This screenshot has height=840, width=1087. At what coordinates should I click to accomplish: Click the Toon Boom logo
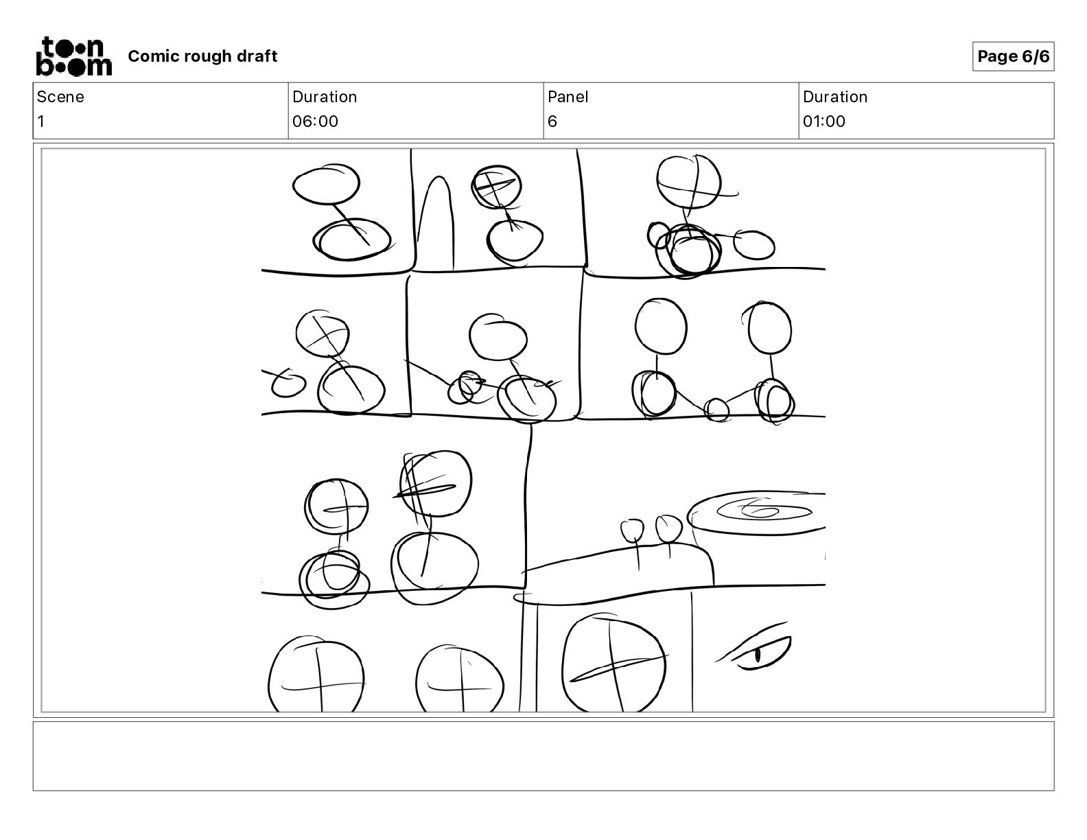tap(74, 56)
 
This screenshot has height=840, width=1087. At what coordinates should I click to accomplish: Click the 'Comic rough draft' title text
tap(202, 56)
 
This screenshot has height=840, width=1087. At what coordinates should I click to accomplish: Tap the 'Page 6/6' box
tap(1013, 56)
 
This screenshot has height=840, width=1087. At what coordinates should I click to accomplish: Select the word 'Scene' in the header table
tap(60, 97)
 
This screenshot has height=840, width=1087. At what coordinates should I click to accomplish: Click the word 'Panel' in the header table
tap(568, 97)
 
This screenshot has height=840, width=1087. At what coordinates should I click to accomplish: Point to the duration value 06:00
tap(315, 121)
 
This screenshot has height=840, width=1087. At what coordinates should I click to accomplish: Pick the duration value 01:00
tap(824, 121)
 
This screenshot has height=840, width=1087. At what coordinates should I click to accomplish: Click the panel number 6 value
tap(552, 121)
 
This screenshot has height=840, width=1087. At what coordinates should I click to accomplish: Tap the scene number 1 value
tap(41, 121)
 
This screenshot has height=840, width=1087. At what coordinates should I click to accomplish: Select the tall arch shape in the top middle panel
tap(436, 222)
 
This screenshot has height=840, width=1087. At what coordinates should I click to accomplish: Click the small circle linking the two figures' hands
tap(716, 410)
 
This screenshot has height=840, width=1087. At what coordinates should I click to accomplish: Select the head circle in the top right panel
tap(689, 182)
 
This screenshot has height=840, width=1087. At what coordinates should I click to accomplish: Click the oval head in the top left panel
tap(326, 184)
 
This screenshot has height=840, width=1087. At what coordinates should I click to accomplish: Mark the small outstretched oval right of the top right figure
tap(754, 245)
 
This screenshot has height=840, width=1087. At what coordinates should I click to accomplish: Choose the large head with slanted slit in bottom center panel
tap(614, 664)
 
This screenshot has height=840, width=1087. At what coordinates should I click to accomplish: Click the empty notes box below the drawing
tap(543, 756)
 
